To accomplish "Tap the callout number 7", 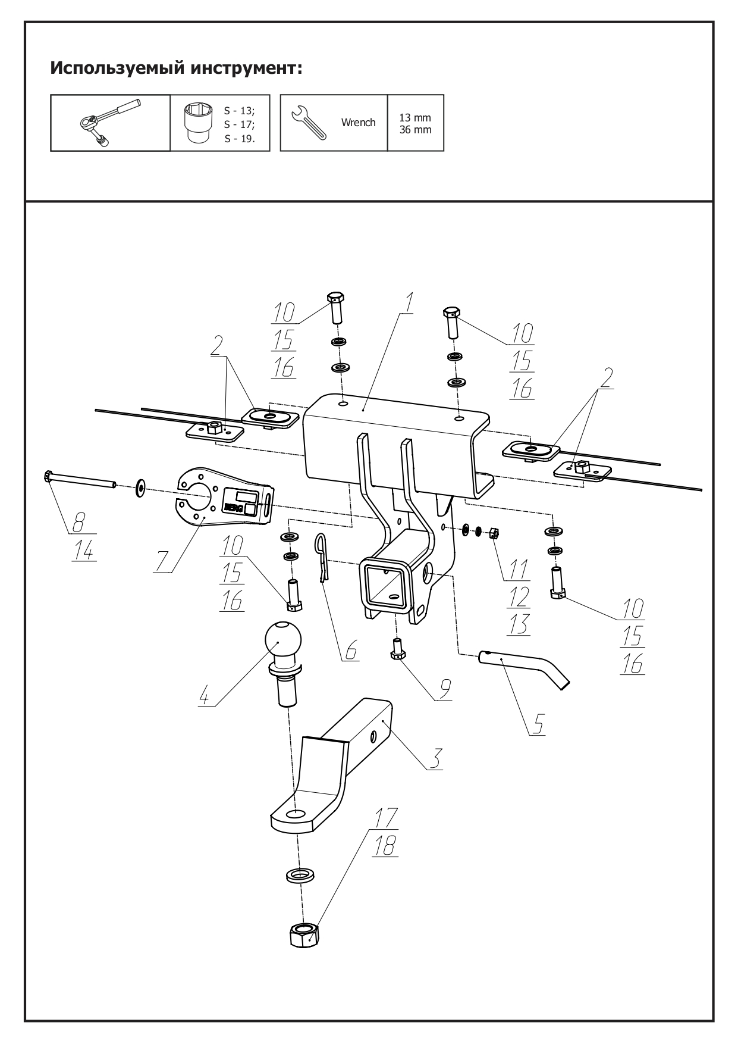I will [162, 561].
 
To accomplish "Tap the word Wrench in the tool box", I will [358, 123].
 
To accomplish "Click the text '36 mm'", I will [415, 130].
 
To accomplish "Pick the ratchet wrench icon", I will [110, 122].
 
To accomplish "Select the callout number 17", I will [386, 817].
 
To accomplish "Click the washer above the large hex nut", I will [301, 875].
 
